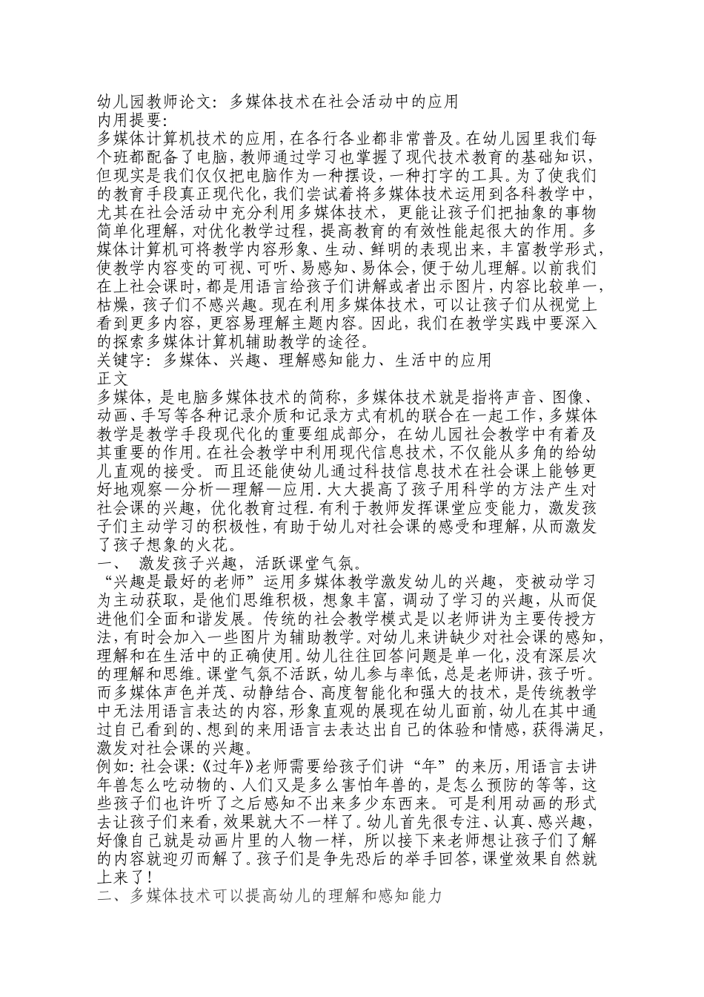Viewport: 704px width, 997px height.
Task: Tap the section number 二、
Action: click(x=107, y=897)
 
